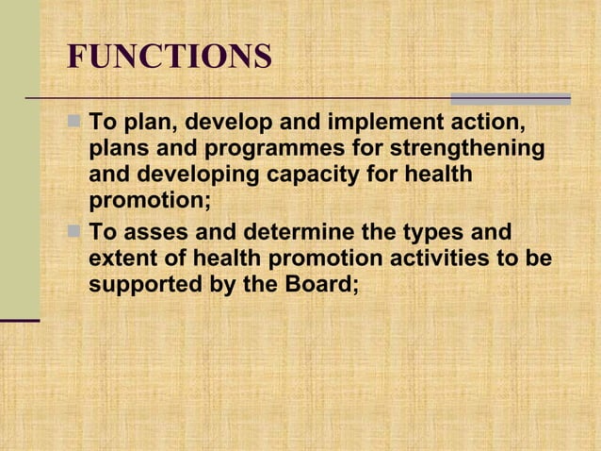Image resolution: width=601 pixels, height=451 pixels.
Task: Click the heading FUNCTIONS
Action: [170, 57]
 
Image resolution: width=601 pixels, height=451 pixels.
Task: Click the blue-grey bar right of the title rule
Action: [511, 98]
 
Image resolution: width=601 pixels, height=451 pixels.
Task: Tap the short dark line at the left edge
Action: [20, 322]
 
